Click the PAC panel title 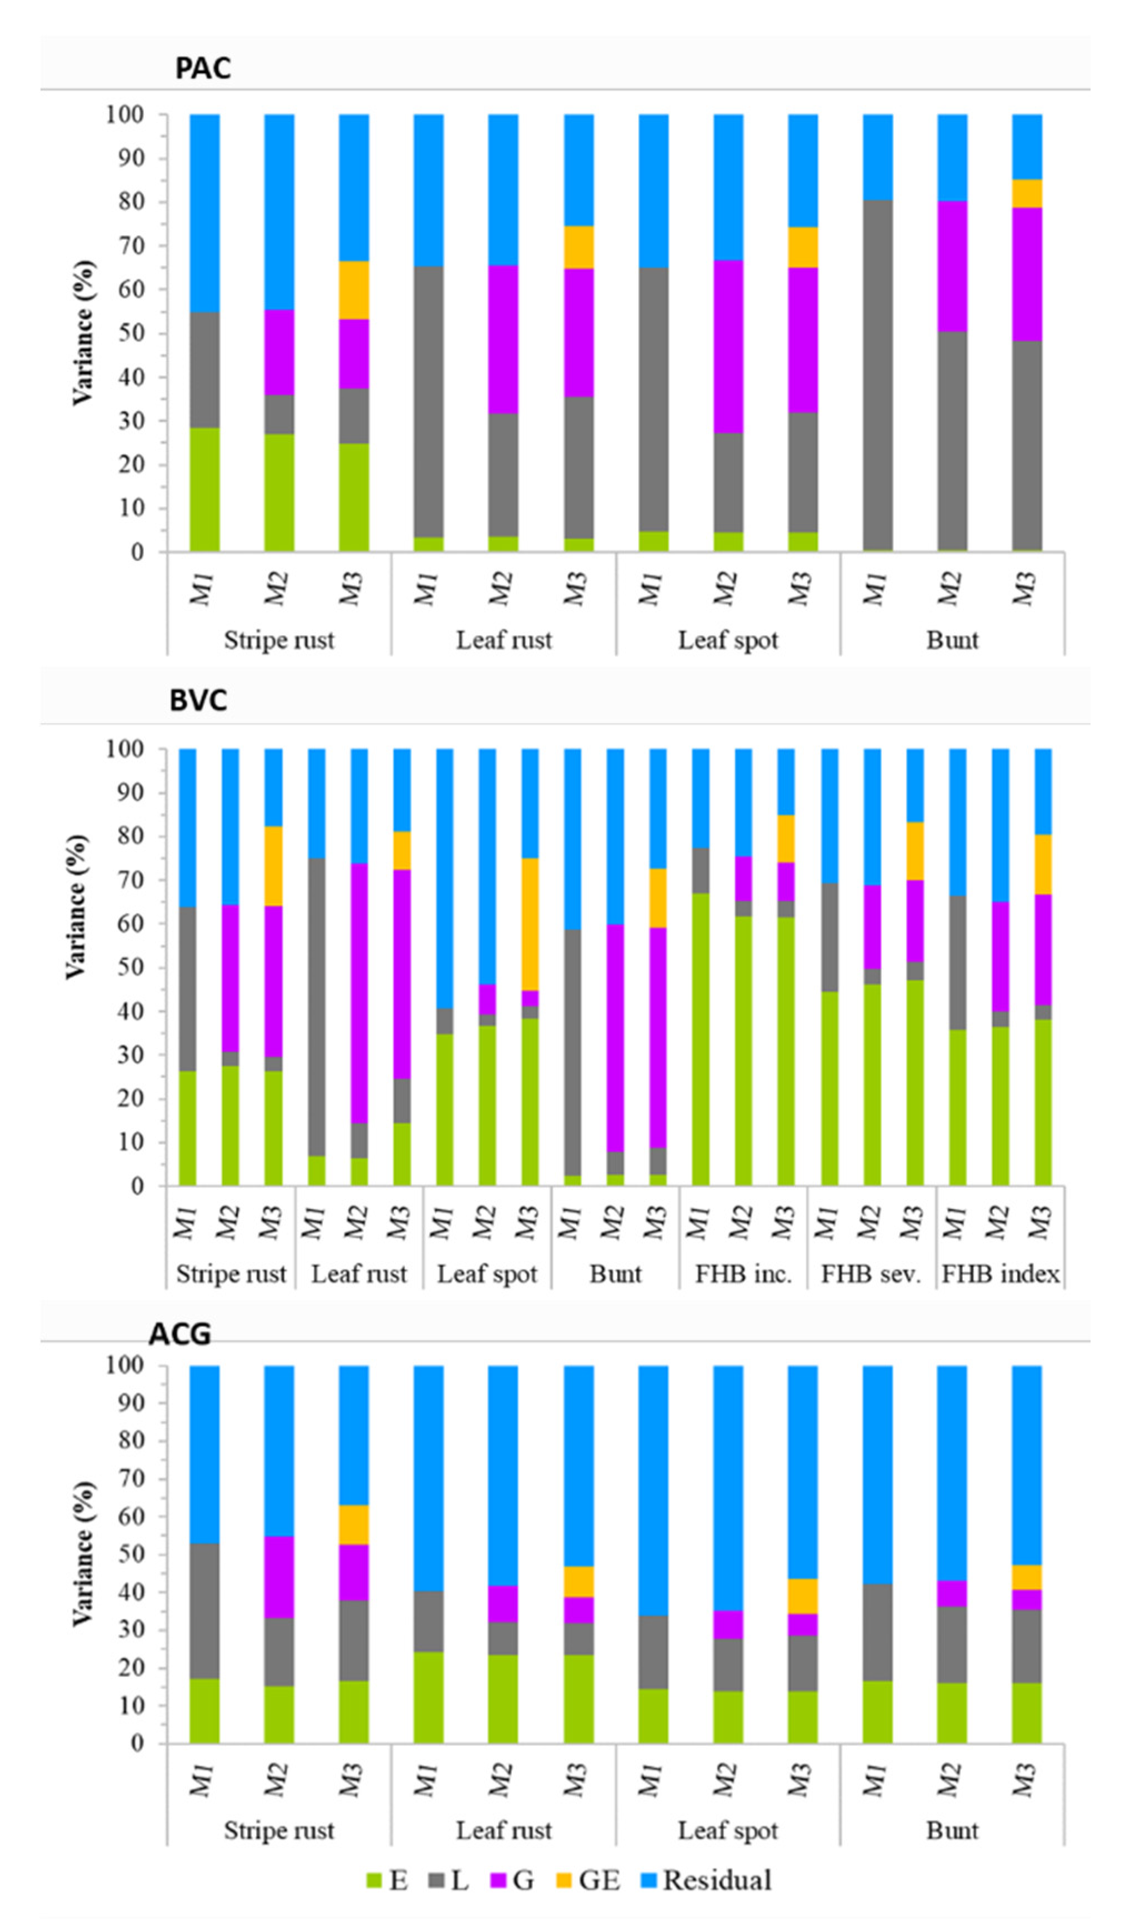click(x=203, y=69)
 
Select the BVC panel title click(x=198, y=700)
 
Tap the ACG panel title click(x=180, y=1333)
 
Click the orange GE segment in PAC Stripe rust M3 click(x=354, y=290)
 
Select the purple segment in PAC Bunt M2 click(x=952, y=266)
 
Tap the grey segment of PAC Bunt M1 click(x=877, y=375)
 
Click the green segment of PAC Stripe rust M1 click(x=205, y=489)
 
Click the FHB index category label click(x=999, y=1274)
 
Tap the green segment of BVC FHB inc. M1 click(x=701, y=1040)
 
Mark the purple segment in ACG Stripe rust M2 click(x=279, y=1577)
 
